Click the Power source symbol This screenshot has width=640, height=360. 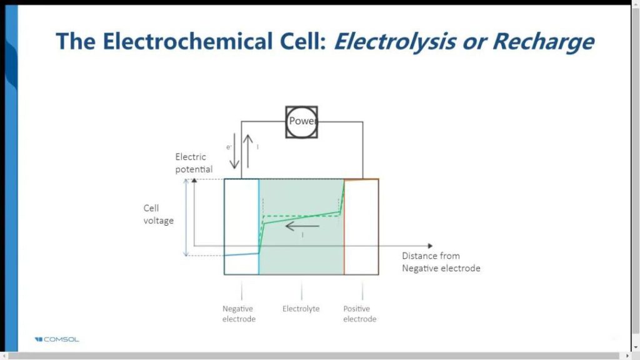tap(302, 121)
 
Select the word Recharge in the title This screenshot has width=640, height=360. tap(542, 41)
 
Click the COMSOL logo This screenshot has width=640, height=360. tap(57, 339)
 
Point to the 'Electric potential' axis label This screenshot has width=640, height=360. tap(194, 162)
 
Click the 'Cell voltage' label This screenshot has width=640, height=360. tap(158, 214)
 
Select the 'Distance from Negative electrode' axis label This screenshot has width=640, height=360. tap(441, 262)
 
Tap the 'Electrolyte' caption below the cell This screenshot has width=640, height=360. tap(301, 309)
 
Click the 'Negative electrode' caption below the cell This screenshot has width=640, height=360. tap(239, 314)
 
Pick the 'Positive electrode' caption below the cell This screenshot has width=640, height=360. tap(360, 314)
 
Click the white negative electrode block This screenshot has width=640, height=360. tap(241, 212)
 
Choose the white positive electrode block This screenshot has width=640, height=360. tap(361, 225)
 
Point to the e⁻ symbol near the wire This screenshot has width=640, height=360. tap(229, 147)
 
